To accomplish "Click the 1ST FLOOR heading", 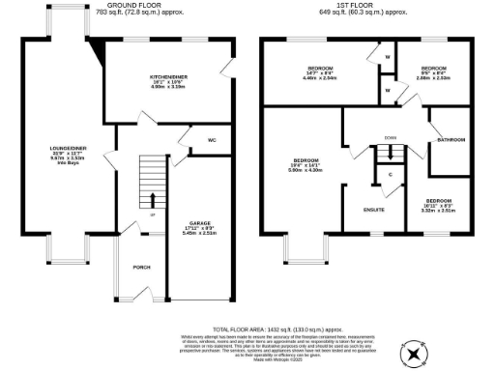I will [364, 5].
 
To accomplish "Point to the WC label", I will [210, 139].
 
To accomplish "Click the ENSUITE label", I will [373, 209].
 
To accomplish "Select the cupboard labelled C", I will [390, 175].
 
